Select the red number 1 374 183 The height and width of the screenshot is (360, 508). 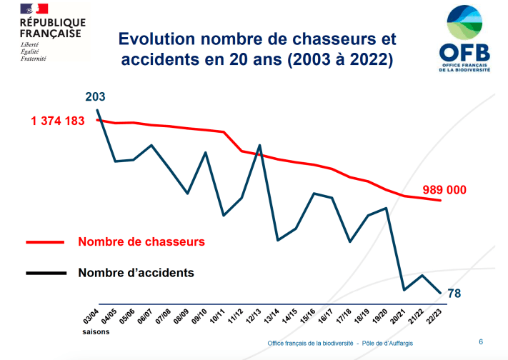click(58, 121)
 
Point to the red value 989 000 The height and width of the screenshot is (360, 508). click(444, 190)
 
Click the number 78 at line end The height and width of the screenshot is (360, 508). click(454, 293)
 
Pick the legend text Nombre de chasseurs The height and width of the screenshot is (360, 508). click(141, 241)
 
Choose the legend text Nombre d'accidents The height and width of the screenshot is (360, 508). click(136, 272)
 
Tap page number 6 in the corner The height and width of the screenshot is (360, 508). click(480, 341)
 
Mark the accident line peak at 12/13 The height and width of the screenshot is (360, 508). click(259, 146)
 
